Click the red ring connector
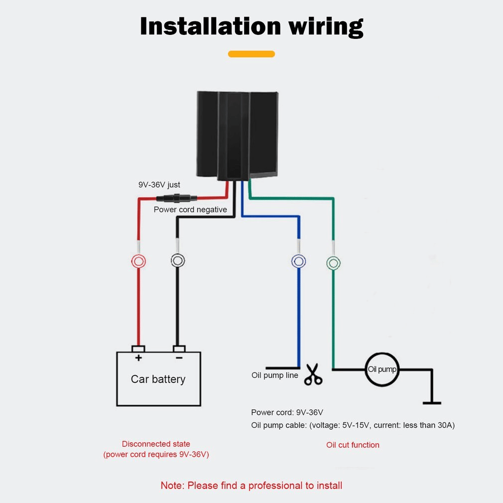(x=138, y=261)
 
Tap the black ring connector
(x=178, y=260)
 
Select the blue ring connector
(x=298, y=261)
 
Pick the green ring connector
(x=333, y=262)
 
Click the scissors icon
(x=313, y=375)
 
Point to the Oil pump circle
(x=382, y=370)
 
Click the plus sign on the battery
(x=138, y=358)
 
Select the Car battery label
(x=158, y=379)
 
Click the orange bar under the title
(x=251, y=54)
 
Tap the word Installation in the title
(x=210, y=26)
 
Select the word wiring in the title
(x=325, y=26)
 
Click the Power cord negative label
(x=190, y=210)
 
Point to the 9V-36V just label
(x=159, y=185)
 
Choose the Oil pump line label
(x=275, y=375)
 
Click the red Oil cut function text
(x=353, y=445)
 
